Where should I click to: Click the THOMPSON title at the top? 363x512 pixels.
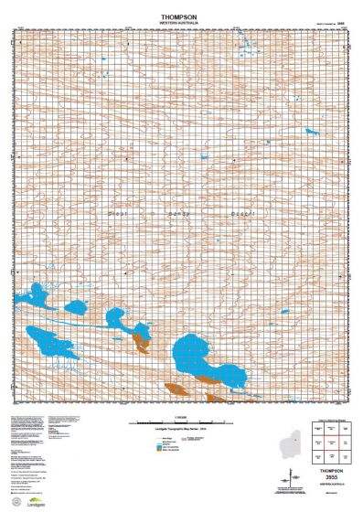pos(183,16)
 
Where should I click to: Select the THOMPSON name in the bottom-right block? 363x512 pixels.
pos(333,467)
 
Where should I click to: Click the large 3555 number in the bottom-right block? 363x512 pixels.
pos(333,476)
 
